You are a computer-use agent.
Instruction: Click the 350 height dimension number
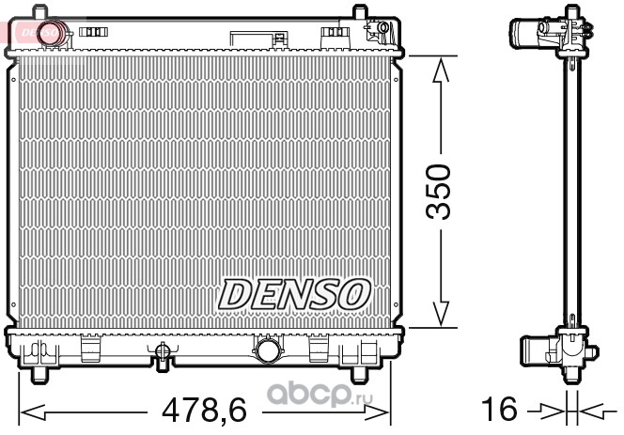(x=438, y=192)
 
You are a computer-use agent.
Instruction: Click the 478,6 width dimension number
(x=204, y=410)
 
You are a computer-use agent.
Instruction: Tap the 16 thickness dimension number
(x=499, y=409)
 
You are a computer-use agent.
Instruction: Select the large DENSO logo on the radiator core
(x=294, y=294)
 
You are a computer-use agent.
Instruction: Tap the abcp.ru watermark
(x=320, y=394)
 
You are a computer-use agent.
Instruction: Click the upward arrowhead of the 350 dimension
(x=441, y=70)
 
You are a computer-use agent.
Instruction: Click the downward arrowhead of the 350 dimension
(x=441, y=314)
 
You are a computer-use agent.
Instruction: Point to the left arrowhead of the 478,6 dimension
(x=33, y=412)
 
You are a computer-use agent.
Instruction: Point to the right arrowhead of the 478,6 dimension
(x=377, y=412)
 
